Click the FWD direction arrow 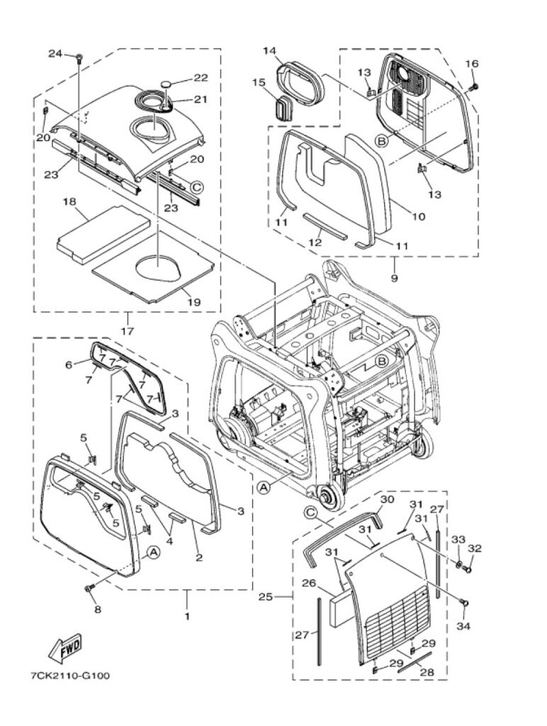[x=65, y=646]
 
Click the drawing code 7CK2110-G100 [x=70, y=676]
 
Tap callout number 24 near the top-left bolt [x=55, y=54]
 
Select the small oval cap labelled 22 [x=166, y=84]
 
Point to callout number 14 [x=270, y=50]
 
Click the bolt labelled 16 [x=473, y=86]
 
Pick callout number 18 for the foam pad [x=69, y=202]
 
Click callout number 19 [x=194, y=302]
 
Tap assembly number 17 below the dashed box [x=128, y=331]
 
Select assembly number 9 [x=394, y=278]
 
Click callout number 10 [x=418, y=216]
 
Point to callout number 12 [x=315, y=242]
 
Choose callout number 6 [x=69, y=365]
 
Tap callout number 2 [x=199, y=557]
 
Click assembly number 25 [x=265, y=597]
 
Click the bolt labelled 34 [x=464, y=602]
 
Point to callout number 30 [x=388, y=499]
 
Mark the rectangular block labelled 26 [x=339, y=607]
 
